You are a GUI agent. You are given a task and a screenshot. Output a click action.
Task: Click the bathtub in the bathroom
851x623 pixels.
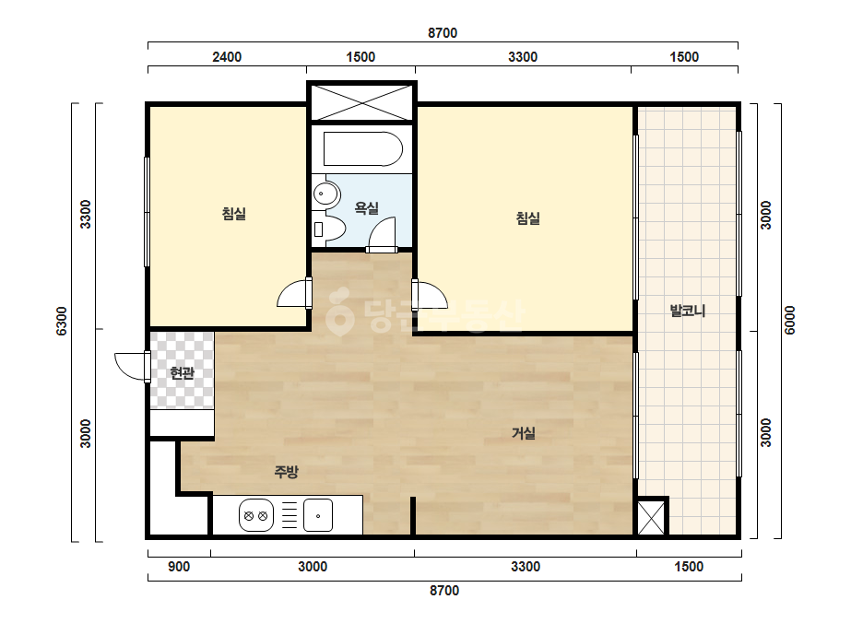pos(363,148)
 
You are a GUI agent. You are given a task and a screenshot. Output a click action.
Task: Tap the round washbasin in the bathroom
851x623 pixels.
pos(325,194)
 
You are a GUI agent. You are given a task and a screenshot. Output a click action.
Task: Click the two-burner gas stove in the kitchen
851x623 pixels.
pos(256,515)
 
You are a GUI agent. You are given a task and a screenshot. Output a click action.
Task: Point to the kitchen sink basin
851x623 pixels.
pos(318,515)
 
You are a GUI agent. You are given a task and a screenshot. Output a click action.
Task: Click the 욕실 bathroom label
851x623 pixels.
pos(366,208)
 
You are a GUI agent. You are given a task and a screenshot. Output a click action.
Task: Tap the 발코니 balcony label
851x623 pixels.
pos(688,311)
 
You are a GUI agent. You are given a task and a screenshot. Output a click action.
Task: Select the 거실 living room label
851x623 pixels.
pos(524,433)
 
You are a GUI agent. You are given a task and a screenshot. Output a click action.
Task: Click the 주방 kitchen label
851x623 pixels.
pos(286,472)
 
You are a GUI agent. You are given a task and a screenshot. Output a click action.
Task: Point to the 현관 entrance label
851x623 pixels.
pos(182,373)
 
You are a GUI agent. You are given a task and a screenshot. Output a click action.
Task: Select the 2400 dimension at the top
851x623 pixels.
pos(227,57)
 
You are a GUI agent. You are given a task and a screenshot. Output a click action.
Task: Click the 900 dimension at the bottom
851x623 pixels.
pos(179,567)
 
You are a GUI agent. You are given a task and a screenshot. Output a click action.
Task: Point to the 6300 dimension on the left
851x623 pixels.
pos(62,321)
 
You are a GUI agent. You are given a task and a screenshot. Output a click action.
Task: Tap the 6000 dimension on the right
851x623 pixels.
pos(790,320)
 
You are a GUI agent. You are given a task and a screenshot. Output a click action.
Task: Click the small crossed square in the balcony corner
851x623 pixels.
pos(652,517)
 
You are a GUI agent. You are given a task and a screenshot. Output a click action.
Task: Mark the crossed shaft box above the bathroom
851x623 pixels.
pos(362,101)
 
